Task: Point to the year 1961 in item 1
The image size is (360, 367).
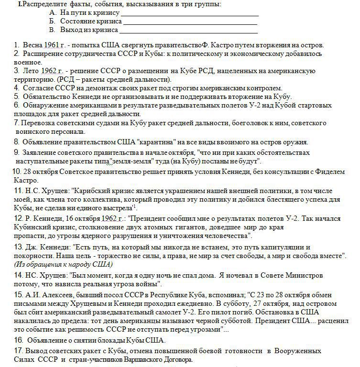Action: tap(51, 45)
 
